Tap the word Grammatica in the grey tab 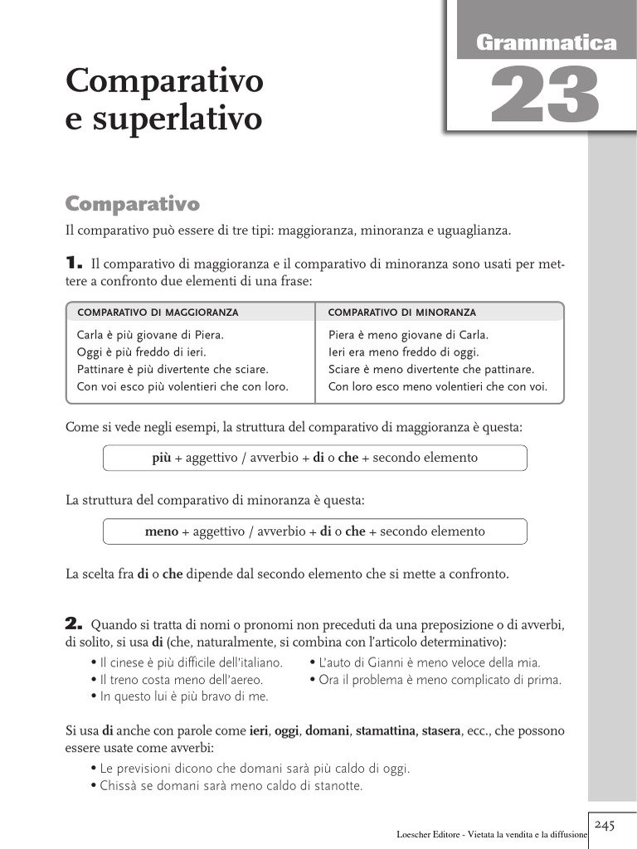coord(547,42)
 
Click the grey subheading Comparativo coord(133,204)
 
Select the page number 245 coord(604,824)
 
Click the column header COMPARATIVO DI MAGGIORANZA coord(158,313)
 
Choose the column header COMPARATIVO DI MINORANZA coord(402,313)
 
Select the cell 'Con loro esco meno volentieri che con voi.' coord(438,386)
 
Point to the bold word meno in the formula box coord(162,531)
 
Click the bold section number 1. coord(73,264)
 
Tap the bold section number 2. coord(74,623)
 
